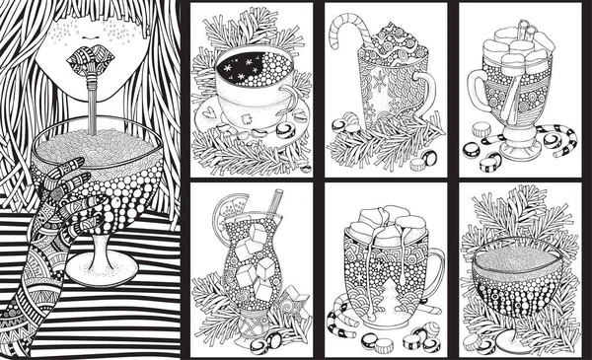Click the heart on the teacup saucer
click(213, 113)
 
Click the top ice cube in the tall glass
click(254, 237)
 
